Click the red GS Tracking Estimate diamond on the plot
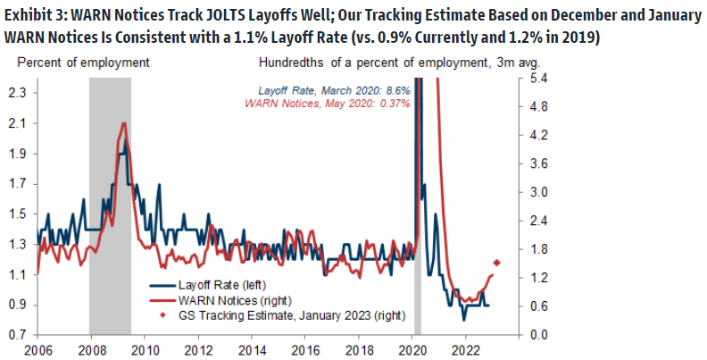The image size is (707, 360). pos(497,263)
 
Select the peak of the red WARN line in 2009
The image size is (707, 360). pos(123,124)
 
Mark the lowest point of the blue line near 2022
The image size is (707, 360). pos(463,319)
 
